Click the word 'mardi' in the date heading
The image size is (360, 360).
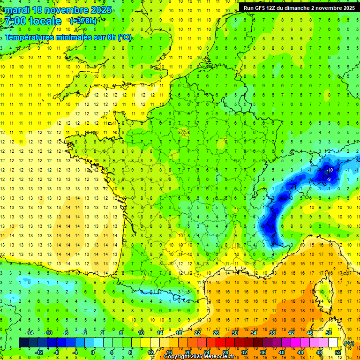click(x=19, y=9)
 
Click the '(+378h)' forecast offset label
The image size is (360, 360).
click(x=84, y=21)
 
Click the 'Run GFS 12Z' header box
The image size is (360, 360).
click(x=299, y=7)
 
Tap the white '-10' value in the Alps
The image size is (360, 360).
click(x=330, y=170)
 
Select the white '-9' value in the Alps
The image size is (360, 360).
click(x=330, y=179)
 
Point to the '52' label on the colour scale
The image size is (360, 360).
click(x=338, y=352)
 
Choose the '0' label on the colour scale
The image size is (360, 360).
click(x=93, y=352)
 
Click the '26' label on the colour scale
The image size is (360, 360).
click(x=216, y=333)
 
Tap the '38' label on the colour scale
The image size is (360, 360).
click(x=272, y=333)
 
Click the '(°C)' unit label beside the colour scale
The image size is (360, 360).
click(x=349, y=343)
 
